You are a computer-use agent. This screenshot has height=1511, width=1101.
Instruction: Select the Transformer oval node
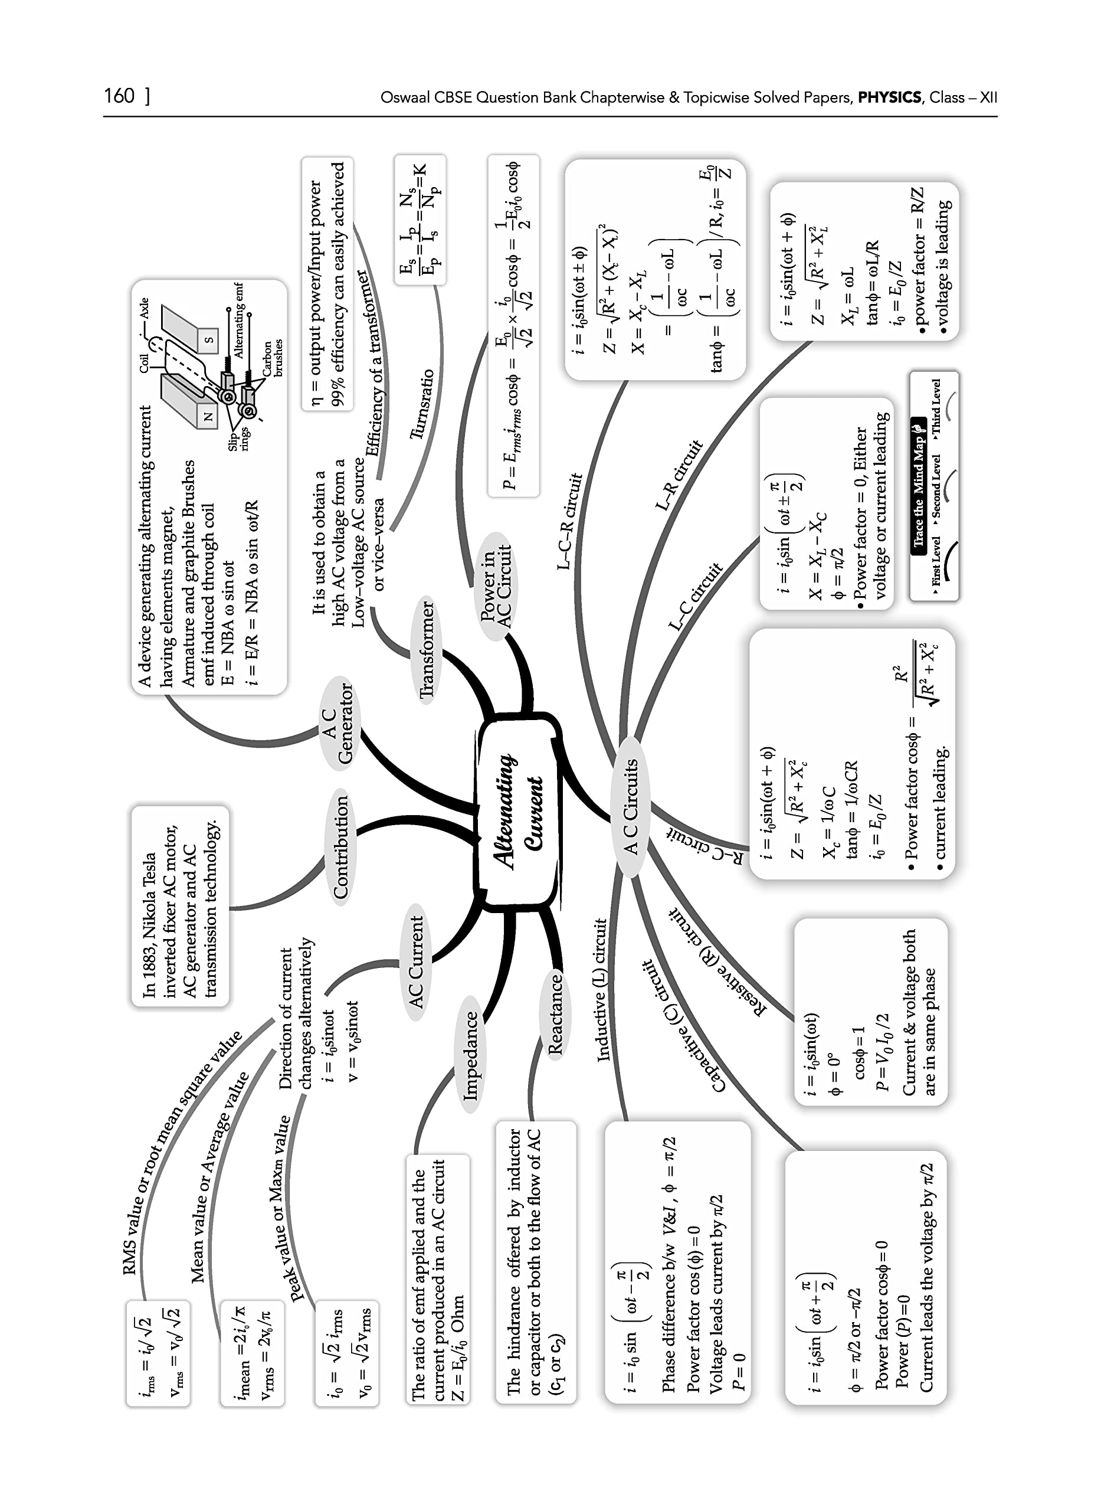427,650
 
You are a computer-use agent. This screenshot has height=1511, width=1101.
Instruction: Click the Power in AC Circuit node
497,587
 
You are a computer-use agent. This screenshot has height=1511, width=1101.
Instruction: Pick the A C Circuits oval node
630,806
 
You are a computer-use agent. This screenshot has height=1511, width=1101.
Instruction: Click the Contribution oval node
340,847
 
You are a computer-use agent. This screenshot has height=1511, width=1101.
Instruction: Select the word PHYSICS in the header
889,97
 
